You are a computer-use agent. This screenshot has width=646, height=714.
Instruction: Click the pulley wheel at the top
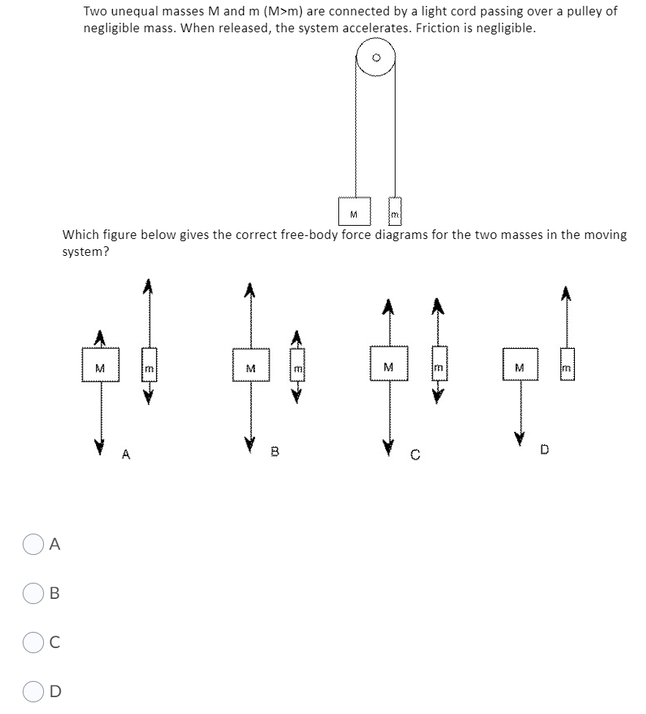(x=376, y=57)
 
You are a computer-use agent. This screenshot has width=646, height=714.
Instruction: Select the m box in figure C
(x=438, y=366)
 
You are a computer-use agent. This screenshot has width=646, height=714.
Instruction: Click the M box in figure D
(x=521, y=367)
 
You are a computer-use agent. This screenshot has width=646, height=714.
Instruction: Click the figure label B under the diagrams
(x=276, y=452)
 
